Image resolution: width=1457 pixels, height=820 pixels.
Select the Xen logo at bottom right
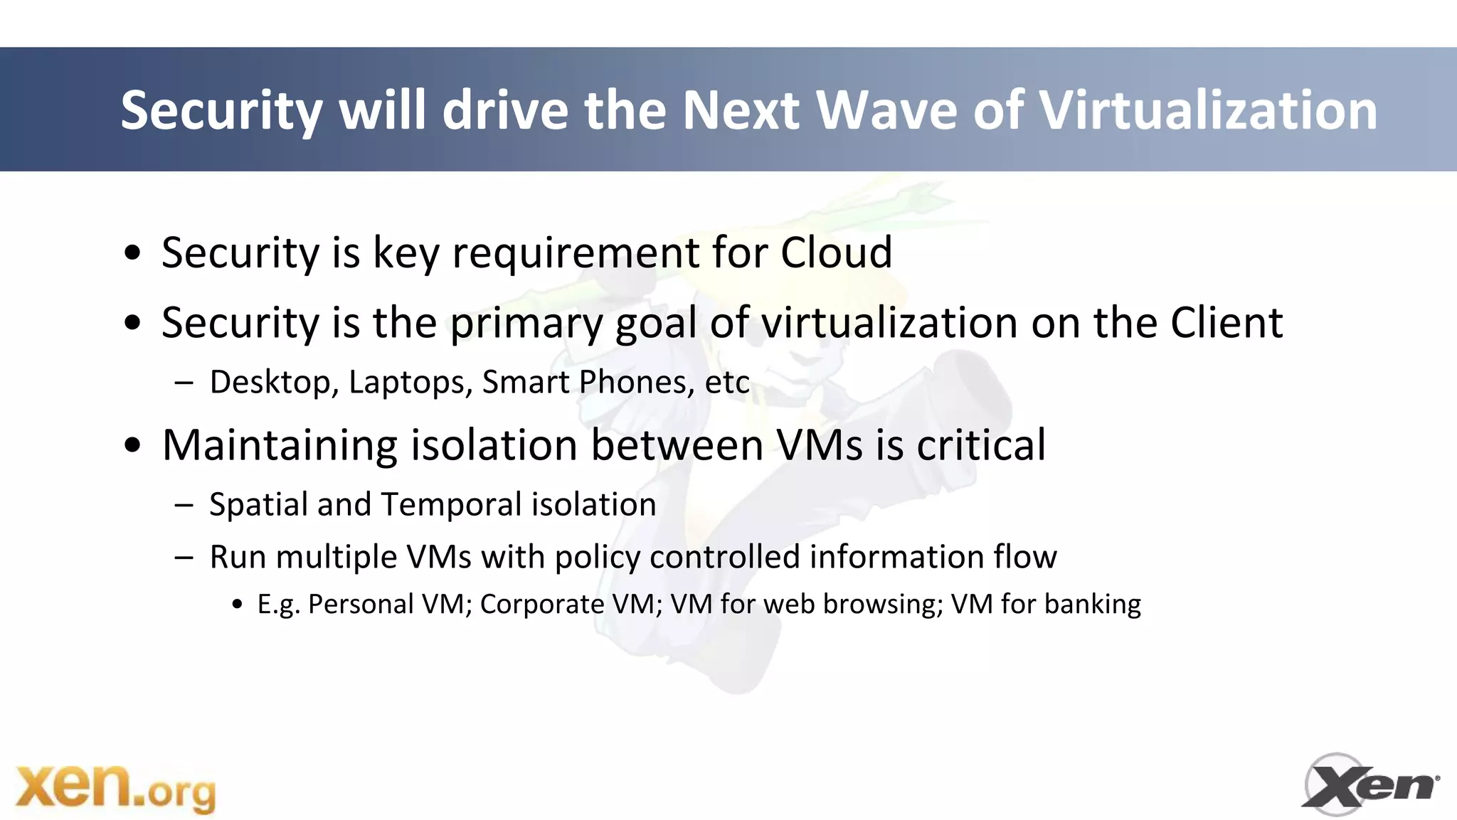[x=1369, y=784]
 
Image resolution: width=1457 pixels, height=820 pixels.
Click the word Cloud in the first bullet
[x=836, y=252]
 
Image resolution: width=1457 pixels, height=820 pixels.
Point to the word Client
[x=1226, y=323]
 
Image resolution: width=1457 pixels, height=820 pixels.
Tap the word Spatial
[x=259, y=505]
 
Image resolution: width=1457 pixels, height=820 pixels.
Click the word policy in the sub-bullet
[x=597, y=558]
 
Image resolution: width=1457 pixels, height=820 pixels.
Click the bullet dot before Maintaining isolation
[x=132, y=447]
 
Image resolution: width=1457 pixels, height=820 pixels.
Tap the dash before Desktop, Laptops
[x=184, y=383]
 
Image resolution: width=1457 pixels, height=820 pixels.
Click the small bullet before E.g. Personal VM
[x=238, y=605]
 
